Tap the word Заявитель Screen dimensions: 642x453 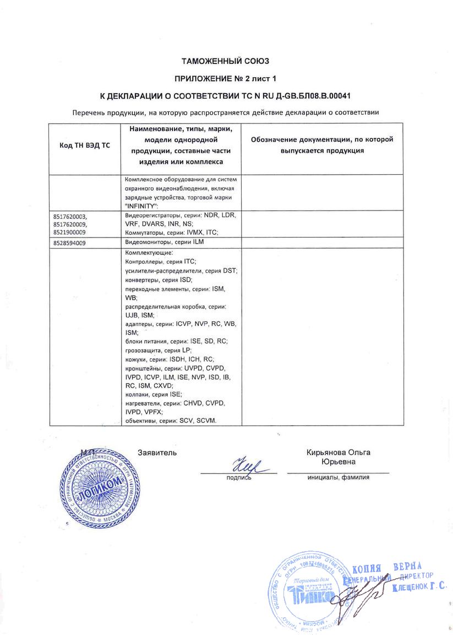pyautogui.click(x=157, y=452)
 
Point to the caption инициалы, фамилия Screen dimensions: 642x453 pyautogui.click(x=338, y=477)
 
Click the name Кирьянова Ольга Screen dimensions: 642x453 pyautogui.click(x=338, y=452)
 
